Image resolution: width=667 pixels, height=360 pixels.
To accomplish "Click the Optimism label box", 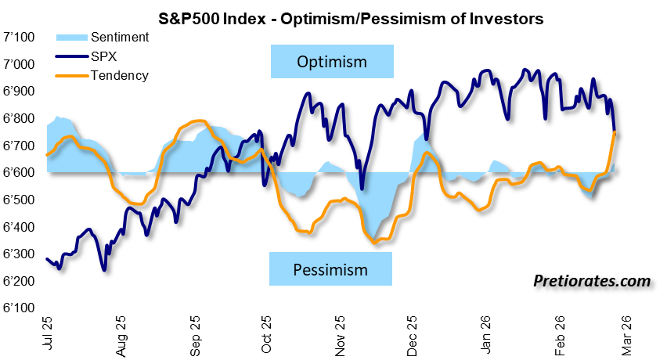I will click(x=332, y=62).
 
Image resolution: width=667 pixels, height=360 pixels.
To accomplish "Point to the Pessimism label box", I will click(x=330, y=270).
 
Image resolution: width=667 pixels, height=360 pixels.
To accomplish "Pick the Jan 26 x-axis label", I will click(x=485, y=335).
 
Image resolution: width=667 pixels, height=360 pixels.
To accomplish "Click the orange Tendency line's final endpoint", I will click(x=615, y=134).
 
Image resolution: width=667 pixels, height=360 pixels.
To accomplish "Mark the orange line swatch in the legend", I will click(x=71, y=76).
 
